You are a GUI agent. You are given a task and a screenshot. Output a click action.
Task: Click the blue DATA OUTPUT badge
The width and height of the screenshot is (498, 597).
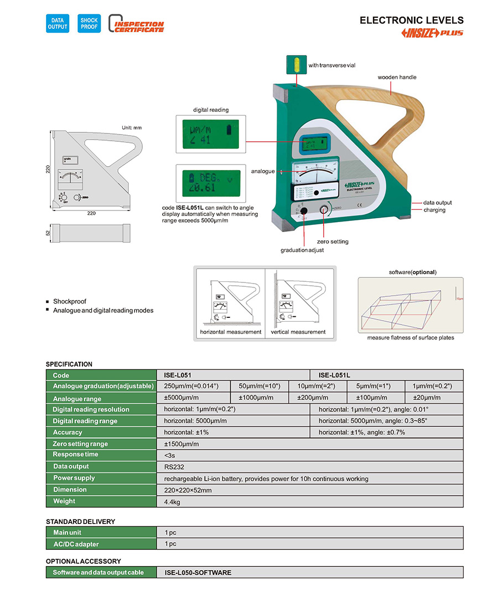click(x=57, y=23)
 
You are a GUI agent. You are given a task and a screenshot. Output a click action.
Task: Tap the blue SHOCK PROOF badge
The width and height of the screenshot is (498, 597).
click(x=89, y=23)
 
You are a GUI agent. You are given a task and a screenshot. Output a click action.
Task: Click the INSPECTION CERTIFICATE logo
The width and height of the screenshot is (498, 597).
click(x=137, y=24)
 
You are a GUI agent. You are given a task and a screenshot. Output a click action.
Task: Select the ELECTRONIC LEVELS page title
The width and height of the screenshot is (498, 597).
click(x=411, y=20)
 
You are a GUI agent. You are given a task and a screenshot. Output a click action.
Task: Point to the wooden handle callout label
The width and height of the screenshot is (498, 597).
click(x=397, y=78)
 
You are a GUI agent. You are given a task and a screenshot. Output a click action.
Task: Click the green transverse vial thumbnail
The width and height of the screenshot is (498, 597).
click(x=297, y=64)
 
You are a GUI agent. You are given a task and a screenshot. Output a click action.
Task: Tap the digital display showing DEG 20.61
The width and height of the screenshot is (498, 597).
click(x=211, y=182)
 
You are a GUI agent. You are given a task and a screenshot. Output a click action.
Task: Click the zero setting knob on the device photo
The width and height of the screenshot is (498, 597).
click(x=324, y=210)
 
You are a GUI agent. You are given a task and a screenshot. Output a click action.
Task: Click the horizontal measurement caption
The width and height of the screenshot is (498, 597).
click(x=230, y=332)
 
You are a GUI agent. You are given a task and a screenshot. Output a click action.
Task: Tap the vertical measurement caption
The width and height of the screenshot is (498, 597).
click(x=298, y=332)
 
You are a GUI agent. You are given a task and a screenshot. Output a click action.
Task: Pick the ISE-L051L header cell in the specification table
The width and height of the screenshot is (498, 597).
click(x=334, y=375)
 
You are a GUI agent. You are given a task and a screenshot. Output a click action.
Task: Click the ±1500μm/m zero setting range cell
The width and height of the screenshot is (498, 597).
click(x=181, y=444)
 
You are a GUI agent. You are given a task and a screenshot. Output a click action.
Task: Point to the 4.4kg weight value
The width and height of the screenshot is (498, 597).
click(x=172, y=502)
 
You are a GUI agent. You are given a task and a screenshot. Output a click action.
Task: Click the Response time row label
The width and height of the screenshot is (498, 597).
click(x=76, y=455)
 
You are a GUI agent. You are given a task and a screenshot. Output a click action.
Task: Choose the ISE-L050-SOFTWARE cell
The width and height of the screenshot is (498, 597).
click(x=198, y=572)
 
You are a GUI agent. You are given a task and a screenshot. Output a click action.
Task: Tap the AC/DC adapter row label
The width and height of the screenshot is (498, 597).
click(x=76, y=544)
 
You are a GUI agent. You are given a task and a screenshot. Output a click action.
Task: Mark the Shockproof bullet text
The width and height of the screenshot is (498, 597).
click(x=70, y=302)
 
